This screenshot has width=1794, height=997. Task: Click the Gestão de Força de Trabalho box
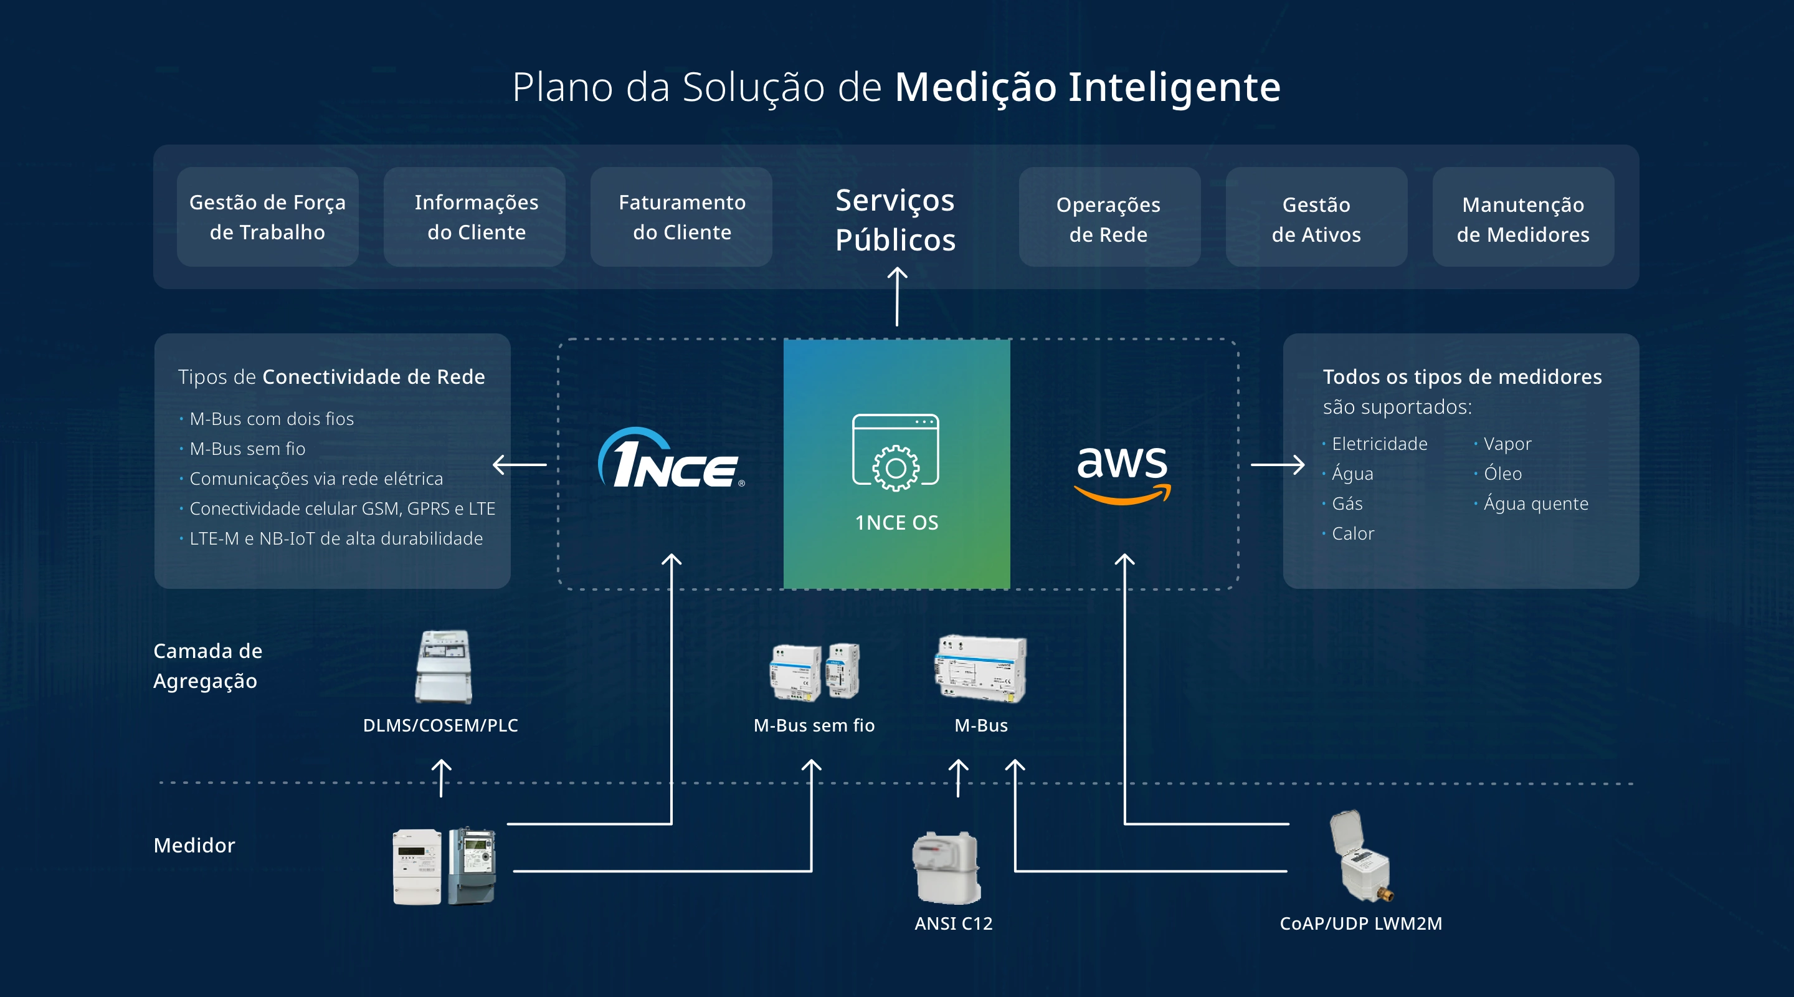267,217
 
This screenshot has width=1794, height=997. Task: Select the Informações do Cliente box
476,217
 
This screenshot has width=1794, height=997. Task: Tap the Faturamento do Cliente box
682,217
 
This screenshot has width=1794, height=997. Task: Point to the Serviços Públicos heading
895,219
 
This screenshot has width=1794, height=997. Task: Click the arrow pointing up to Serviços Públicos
897,297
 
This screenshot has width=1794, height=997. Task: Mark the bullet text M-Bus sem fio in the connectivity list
247,449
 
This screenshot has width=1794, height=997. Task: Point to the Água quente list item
1535,503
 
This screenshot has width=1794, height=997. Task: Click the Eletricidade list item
1379,444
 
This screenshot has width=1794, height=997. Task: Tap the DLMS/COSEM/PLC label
440,725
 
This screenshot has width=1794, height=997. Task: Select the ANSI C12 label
954,923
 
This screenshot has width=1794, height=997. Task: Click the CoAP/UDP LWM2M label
1361,923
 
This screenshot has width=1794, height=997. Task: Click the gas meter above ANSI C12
947,867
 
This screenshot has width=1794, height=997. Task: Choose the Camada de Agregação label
207,665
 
